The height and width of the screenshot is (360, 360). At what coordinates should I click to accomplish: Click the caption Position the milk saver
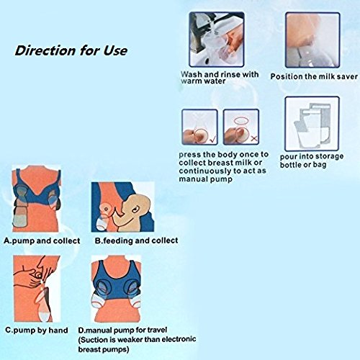coord(310,76)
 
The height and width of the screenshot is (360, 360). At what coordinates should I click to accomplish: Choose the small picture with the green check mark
coord(199,127)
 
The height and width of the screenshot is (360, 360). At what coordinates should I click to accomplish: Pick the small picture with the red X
coord(242,127)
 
